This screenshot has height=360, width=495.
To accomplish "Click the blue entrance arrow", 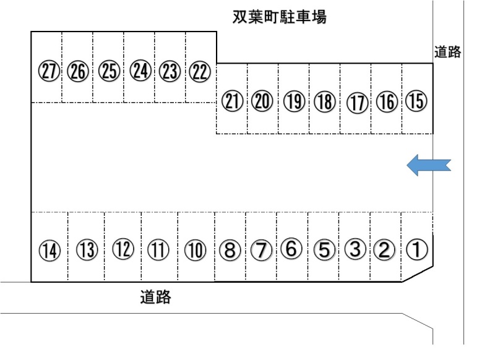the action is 428,165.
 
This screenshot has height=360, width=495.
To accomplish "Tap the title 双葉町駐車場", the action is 280,17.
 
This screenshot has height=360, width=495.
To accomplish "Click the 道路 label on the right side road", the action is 447,52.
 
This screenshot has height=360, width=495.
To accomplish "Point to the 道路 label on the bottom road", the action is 155,297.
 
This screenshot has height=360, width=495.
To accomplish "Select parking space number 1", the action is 416,249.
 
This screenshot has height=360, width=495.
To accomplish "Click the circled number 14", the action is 49,251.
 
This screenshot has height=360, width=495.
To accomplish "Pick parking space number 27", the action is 49,71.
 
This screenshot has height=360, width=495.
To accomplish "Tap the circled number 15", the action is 416,101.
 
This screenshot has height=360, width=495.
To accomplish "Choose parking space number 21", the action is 232,101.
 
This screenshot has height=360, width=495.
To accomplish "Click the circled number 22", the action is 199,71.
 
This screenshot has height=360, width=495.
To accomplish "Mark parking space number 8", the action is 230,250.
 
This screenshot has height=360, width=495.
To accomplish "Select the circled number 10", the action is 195,251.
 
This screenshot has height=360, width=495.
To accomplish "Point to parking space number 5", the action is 324,249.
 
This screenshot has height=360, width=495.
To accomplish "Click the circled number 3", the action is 355,249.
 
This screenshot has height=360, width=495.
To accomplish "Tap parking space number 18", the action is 325,101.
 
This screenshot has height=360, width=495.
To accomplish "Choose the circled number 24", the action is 140,71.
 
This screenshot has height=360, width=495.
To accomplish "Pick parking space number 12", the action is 123,249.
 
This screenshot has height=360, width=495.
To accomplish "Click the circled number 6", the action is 291,248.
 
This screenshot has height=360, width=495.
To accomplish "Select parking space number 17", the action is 358,103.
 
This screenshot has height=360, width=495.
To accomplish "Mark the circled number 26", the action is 78,71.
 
